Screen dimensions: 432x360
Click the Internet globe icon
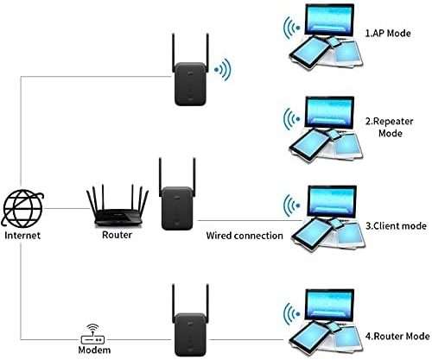[22, 208]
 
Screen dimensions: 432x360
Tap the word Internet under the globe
[22, 236]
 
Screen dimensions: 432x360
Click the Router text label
[117, 235]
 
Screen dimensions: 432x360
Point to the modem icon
[92, 334]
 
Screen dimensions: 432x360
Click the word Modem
[94, 350]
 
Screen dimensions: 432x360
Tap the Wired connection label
[245, 236]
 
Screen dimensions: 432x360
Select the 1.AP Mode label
[388, 34]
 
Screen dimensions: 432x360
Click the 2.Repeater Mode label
[390, 127]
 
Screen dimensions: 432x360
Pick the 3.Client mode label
[396, 226]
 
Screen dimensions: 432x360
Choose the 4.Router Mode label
[397, 336]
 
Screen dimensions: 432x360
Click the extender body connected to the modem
[190, 335]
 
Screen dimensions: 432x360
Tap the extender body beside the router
[177, 208]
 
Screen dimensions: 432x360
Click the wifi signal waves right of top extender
[223, 70]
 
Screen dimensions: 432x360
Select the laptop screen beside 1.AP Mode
[329, 21]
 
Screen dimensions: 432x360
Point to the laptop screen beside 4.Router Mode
[329, 306]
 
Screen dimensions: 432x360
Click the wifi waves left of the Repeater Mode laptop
[291, 118]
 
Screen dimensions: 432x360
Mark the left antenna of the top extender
[174, 53]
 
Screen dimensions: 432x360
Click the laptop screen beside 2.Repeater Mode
[329, 112]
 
